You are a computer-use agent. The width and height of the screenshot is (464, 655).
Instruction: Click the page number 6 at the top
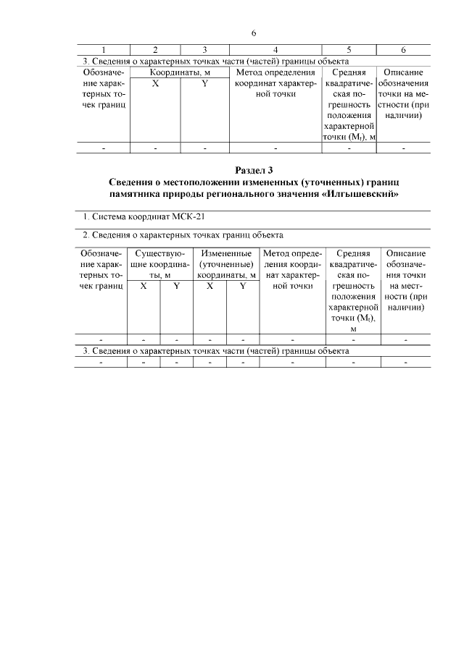tap(254, 33)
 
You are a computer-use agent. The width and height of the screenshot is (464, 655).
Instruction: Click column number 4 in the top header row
tap(275, 50)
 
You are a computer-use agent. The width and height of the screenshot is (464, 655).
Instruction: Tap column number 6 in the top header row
tap(403, 50)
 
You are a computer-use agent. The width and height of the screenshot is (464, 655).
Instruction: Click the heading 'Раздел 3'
tap(253, 171)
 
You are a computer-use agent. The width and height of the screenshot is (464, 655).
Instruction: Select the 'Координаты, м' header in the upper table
tap(181, 72)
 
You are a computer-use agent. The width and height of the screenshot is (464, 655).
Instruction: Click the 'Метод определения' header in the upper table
tap(275, 72)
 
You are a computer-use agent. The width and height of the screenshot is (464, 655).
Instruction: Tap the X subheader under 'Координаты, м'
tap(155, 83)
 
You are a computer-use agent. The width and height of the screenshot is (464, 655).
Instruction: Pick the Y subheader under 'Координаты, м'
tap(205, 83)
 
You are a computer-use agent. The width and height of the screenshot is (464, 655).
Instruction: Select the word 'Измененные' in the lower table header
tap(227, 253)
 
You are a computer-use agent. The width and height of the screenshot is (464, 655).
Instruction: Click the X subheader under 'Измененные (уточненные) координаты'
tap(210, 286)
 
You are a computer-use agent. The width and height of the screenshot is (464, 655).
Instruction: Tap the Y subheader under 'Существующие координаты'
tap(176, 286)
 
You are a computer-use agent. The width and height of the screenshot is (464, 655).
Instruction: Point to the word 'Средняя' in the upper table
tap(349, 72)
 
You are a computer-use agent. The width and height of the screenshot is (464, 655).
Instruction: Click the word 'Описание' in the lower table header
tap(405, 253)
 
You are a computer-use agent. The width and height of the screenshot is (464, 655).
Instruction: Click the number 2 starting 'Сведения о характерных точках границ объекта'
tap(84, 235)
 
